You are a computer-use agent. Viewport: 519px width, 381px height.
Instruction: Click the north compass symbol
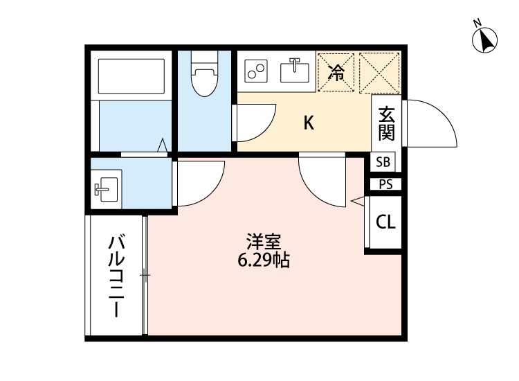pos(486,39)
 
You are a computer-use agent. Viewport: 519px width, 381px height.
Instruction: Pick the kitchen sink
pos(295,70)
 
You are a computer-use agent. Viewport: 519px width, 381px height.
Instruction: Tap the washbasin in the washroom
pos(106,187)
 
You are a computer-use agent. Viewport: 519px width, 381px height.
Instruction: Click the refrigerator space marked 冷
pos(336,71)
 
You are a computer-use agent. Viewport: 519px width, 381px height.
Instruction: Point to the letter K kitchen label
pos(309,123)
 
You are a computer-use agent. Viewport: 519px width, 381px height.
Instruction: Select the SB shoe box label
pos(383,163)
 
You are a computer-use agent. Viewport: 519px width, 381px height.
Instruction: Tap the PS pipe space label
pos(385,184)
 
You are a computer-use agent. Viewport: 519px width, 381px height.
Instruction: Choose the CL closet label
pos(385,222)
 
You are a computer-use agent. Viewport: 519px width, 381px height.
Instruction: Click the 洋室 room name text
pos(263,242)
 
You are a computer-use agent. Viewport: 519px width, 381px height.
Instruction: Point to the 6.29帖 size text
pos(263,261)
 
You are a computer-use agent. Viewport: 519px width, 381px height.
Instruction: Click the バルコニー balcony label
pos(116,276)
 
